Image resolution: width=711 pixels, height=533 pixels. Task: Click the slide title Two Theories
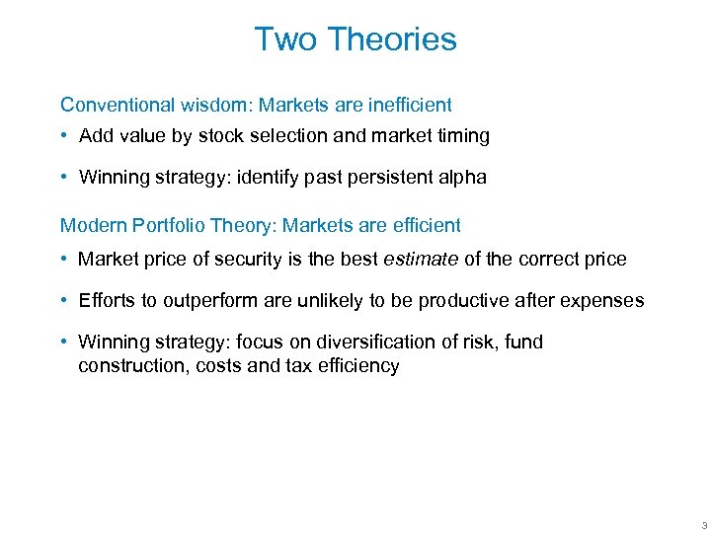pyautogui.click(x=355, y=39)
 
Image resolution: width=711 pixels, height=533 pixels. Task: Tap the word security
pyautogui.click(x=260, y=260)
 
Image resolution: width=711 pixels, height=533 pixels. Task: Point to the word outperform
pyautogui.click(x=187, y=301)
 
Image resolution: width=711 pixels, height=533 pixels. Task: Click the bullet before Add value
pyautogui.click(x=64, y=136)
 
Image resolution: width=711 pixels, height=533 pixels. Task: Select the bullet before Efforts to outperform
pyautogui.click(x=64, y=301)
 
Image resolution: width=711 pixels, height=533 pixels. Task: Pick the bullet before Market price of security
pyautogui.click(x=64, y=260)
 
